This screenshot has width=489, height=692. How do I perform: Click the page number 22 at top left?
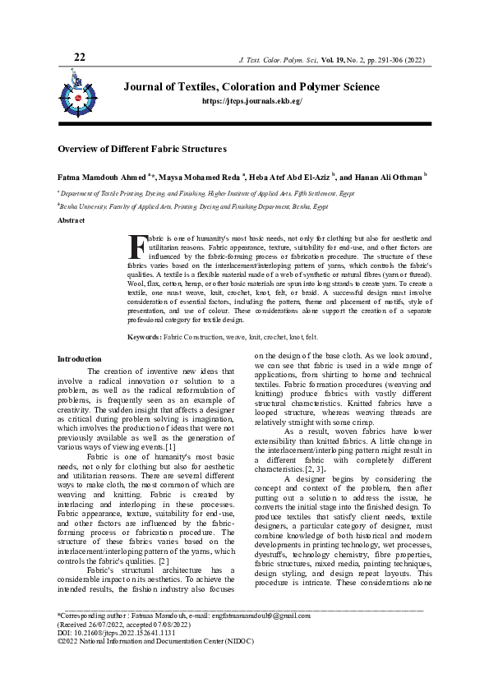(80, 57)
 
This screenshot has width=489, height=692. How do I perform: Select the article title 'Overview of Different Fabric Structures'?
(141, 150)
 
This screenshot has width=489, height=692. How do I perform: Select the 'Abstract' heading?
(71, 221)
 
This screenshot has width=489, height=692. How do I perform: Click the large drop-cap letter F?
(136, 246)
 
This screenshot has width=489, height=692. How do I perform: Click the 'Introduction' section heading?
(79, 359)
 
